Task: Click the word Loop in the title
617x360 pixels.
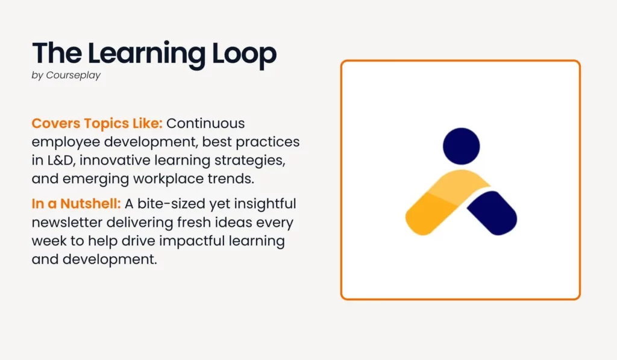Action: tap(244, 54)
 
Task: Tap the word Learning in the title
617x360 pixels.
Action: tap(146, 54)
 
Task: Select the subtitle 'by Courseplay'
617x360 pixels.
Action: tap(66, 75)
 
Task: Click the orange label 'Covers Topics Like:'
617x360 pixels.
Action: tap(97, 123)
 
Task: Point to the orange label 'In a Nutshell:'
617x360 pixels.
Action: tap(76, 204)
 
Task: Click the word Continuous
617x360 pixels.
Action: tap(205, 123)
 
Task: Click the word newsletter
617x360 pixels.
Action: tap(66, 222)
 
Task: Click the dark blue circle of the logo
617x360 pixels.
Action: tap(461, 146)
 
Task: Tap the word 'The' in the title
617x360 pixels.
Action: tap(57, 54)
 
